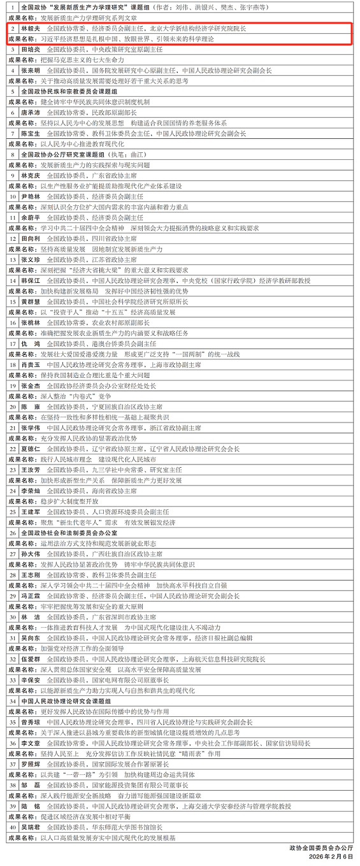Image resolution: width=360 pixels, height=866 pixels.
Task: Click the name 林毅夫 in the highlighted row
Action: pos(30,29)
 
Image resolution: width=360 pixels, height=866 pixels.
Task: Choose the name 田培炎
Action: pos(30,49)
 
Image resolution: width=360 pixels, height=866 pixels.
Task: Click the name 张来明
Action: pos(30,70)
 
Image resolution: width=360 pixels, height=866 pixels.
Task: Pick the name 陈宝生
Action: pos(30,133)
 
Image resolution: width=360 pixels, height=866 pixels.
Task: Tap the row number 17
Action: pos(13,343)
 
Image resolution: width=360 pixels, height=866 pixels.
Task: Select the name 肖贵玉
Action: pos(30,364)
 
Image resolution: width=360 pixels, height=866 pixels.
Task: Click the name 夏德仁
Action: pos(30,449)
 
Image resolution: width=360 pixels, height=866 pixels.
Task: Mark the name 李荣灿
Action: pos(30,491)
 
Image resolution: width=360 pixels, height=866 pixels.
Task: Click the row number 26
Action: pos(13,533)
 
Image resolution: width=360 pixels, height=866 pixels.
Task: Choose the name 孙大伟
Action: pos(30,554)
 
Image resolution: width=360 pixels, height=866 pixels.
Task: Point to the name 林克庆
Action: pos(30,175)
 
